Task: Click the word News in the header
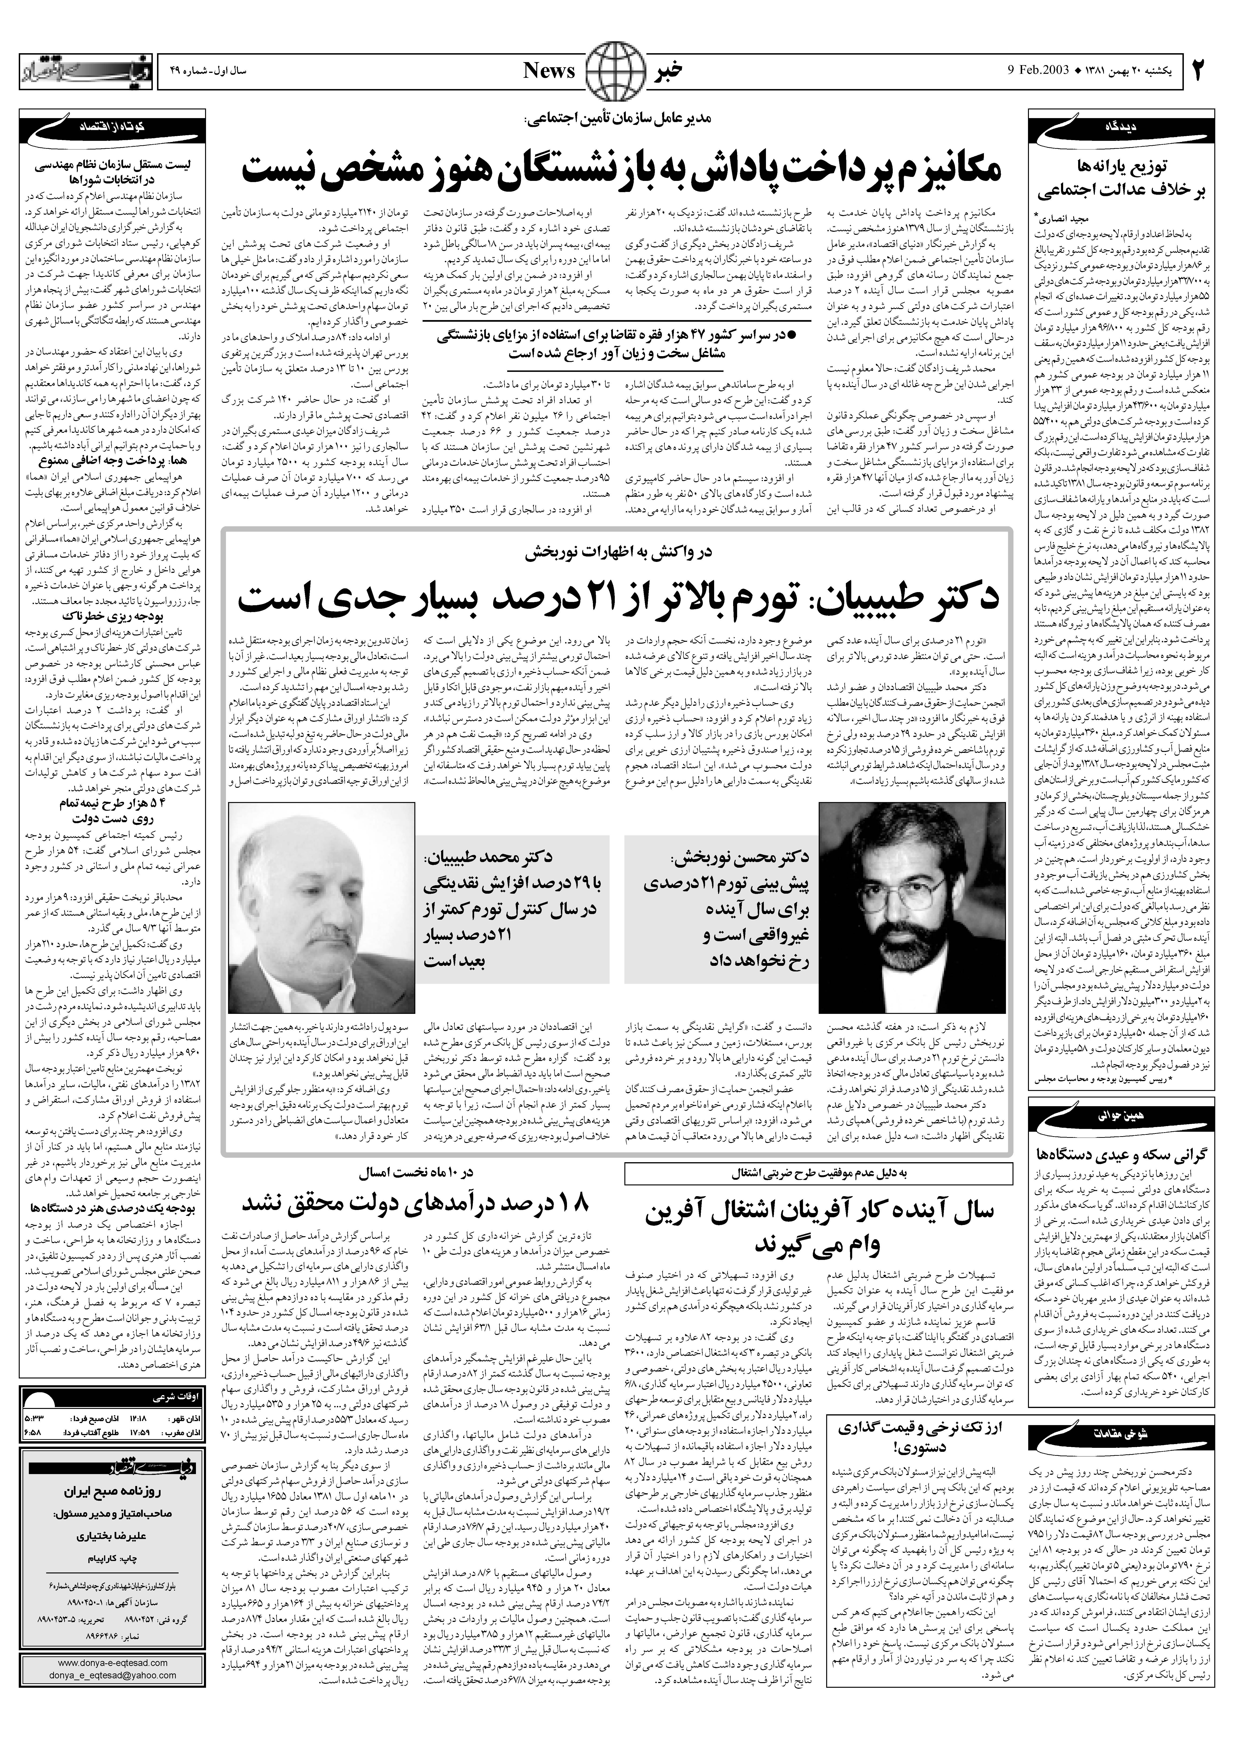pyautogui.click(x=549, y=71)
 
